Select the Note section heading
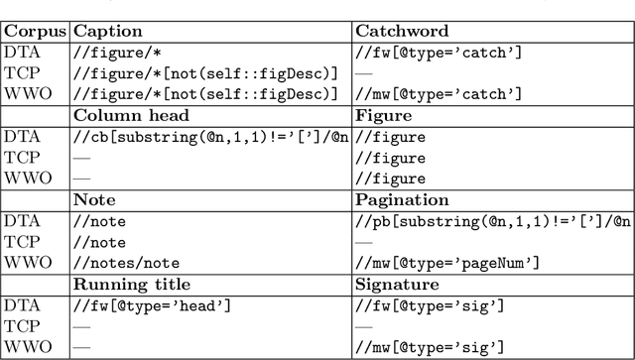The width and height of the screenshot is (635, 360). coord(93,200)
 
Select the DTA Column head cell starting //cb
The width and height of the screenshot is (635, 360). coord(211,137)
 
